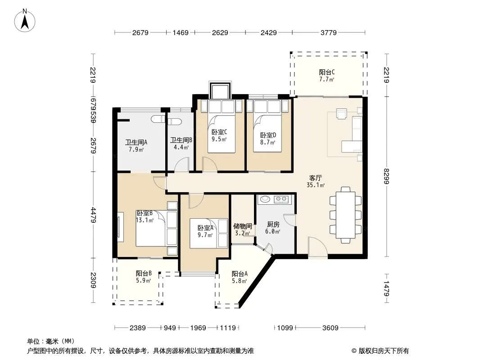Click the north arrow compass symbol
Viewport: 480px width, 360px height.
[25, 21]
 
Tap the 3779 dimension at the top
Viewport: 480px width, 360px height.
[328, 32]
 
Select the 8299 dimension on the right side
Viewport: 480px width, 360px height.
[386, 176]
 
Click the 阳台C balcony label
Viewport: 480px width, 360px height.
[326, 72]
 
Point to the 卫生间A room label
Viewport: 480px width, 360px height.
[136, 142]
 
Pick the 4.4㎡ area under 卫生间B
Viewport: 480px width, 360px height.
[181, 147]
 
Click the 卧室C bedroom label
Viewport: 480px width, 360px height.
[219, 132]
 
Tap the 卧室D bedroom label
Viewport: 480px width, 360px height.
[268, 135]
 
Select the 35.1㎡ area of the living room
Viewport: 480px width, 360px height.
[316, 185]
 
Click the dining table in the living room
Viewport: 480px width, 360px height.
[346, 215]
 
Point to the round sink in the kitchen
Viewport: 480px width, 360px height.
[264, 199]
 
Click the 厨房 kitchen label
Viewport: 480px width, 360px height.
[273, 225]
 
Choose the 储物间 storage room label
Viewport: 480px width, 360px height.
[242, 226]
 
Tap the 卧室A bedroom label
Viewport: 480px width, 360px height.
[205, 228]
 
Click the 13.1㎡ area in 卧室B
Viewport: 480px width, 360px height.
[145, 220]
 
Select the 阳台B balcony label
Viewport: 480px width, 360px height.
[144, 273]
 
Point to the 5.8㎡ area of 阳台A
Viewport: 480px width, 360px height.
[240, 281]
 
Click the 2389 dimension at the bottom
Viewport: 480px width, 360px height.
[138, 328]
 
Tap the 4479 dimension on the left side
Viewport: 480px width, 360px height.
[93, 215]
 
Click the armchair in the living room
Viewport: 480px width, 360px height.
[342, 113]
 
